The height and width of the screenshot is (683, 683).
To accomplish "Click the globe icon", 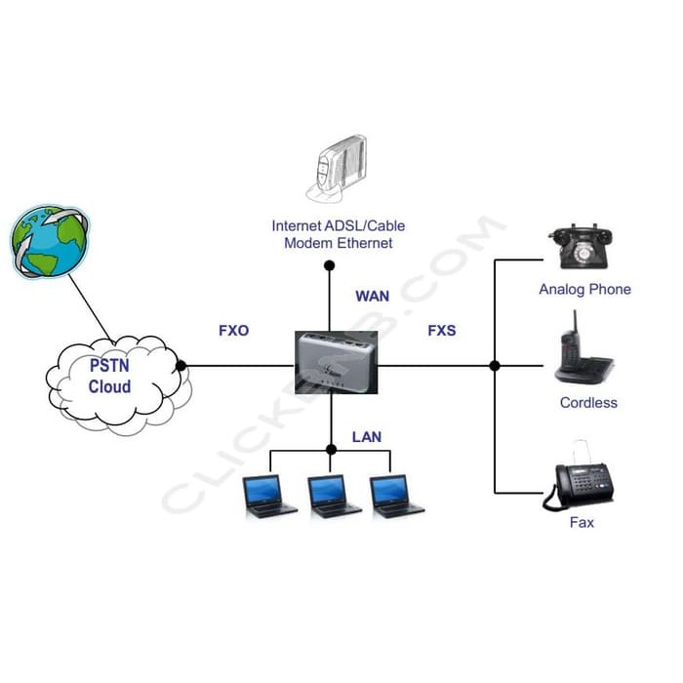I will click(50, 239).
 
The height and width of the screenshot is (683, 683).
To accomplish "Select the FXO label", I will click(233, 331).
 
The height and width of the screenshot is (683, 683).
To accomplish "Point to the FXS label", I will click(441, 331).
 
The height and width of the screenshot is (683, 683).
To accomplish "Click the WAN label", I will click(372, 295).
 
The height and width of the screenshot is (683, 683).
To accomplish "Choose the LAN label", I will click(366, 436).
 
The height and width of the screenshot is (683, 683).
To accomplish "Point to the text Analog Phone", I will click(584, 289).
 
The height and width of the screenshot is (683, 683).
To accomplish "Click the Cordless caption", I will click(588, 402).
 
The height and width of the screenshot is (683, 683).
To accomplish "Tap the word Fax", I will click(582, 523).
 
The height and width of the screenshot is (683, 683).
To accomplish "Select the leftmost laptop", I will click(269, 496).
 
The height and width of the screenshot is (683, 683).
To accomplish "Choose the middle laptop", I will click(333, 496).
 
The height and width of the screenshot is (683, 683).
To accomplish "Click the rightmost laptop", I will click(396, 496).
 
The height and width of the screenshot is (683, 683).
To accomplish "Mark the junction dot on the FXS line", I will click(495, 366).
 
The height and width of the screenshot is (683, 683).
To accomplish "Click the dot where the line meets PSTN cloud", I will click(181, 366).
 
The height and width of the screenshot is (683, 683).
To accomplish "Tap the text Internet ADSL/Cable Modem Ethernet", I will click(338, 234).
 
